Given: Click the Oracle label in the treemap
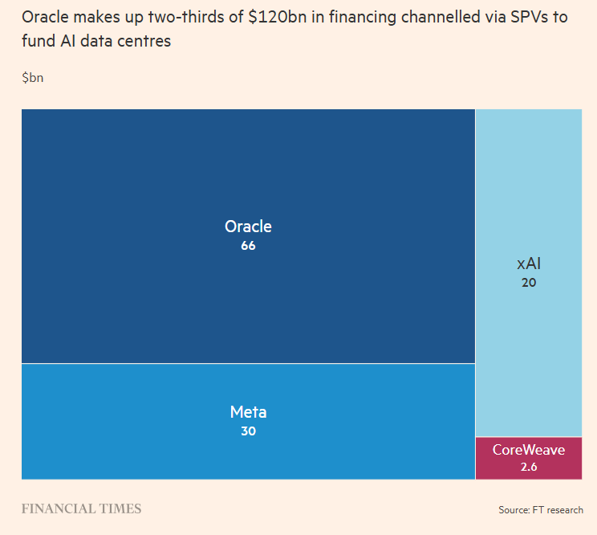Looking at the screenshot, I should [x=248, y=227].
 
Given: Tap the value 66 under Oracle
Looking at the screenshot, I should [x=248, y=246].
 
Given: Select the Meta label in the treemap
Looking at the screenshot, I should [x=248, y=412].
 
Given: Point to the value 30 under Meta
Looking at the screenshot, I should [x=248, y=431].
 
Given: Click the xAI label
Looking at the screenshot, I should [x=529, y=263].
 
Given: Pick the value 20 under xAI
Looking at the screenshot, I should [x=529, y=283].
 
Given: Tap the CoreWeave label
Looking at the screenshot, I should [x=529, y=450].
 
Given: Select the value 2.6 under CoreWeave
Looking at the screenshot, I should [x=529, y=467].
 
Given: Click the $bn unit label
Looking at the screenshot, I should [x=33, y=77].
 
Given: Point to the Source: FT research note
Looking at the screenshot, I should [x=541, y=510].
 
